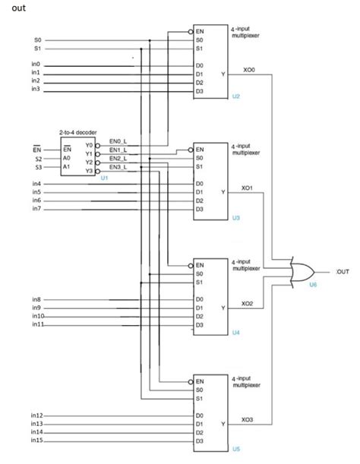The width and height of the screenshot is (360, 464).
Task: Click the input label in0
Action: (36, 65)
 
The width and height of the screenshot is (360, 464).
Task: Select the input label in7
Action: (36, 208)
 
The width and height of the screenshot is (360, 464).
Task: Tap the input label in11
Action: (38, 324)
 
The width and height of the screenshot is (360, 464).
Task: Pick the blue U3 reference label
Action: (236, 218)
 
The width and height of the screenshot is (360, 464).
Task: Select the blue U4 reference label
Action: (236, 333)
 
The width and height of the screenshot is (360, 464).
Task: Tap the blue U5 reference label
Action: (236, 449)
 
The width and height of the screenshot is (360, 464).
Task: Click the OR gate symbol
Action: (302, 273)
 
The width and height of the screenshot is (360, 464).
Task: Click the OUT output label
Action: (341, 271)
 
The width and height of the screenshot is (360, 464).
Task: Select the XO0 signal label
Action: (248, 70)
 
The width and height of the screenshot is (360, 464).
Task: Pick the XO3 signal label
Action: (248, 419)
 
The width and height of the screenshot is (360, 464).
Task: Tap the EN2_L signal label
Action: (118, 158)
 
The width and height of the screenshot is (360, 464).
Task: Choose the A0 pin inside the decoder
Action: (67, 158)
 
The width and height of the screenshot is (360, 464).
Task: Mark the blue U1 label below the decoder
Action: (104, 178)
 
